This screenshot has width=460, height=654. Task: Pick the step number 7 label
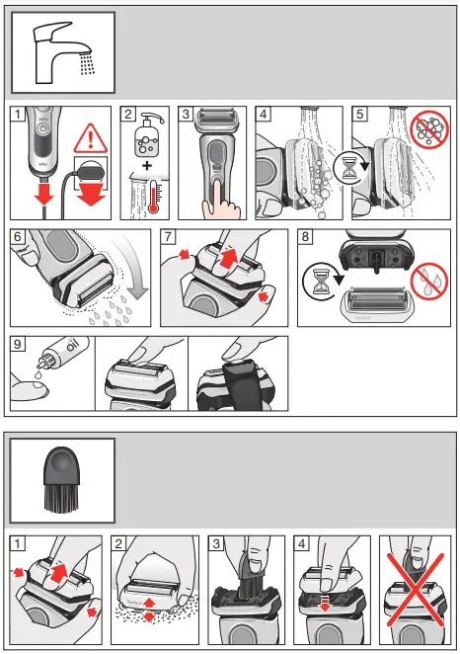pyautogui.click(x=170, y=238)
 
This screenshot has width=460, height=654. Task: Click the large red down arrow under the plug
pyautogui.click(x=90, y=201)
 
